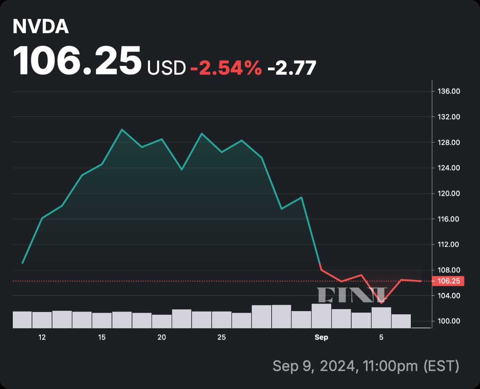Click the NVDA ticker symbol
pos(41,27)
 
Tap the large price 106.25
pos(77,61)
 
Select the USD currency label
pos(166,68)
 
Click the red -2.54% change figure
pos(226,68)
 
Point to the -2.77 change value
pos(292,68)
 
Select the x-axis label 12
pos(42,337)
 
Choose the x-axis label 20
pos(162,337)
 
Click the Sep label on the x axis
pos(321,337)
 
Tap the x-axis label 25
pos(222,337)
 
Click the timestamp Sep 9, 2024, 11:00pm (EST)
pos(366,365)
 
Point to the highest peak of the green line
pos(122,129)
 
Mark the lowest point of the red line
pos(381,303)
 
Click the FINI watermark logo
pos(352,294)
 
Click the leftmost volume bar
pos(22,320)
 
